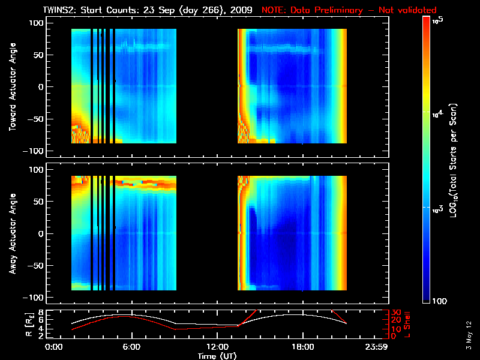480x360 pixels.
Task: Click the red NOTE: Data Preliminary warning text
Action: click(x=349, y=10)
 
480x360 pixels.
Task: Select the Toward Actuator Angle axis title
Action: click(x=11, y=86)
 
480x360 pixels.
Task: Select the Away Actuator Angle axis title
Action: click(x=11, y=233)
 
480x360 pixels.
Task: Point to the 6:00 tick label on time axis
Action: click(x=131, y=347)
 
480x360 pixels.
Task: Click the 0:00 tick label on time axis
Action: click(x=54, y=347)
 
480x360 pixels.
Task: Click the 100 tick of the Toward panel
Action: click(x=37, y=22)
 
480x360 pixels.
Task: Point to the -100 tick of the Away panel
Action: click(x=35, y=298)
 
